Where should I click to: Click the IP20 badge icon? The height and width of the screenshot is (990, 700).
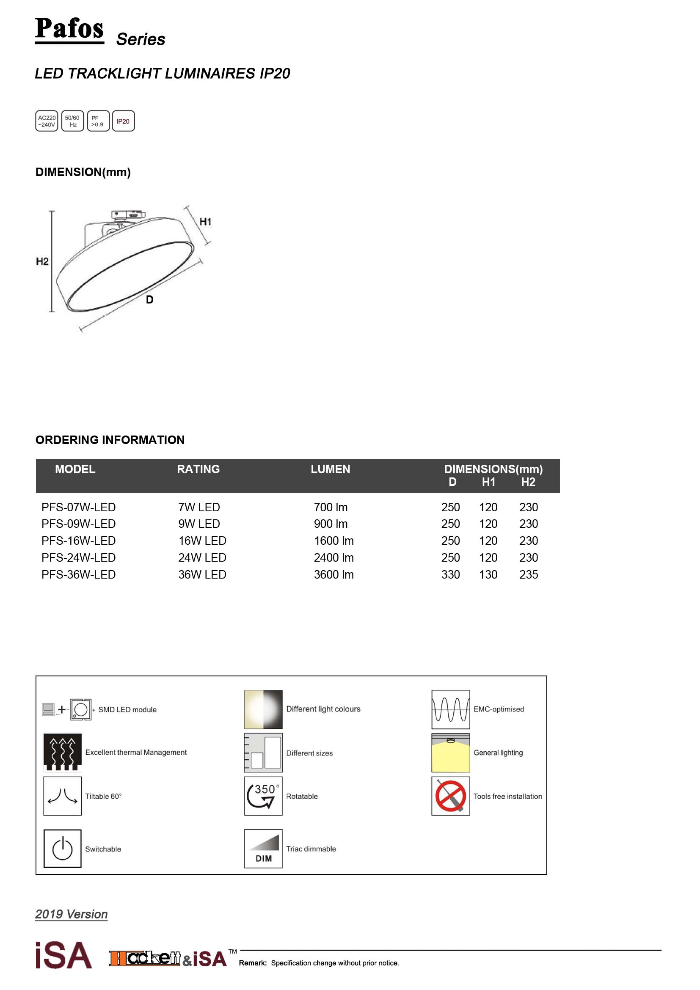tap(123, 121)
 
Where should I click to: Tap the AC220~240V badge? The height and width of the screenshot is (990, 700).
tap(47, 121)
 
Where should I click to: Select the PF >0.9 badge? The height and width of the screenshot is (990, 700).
tap(98, 121)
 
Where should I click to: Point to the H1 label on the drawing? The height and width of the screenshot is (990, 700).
tap(205, 222)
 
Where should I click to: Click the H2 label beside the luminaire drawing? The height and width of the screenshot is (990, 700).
tap(42, 261)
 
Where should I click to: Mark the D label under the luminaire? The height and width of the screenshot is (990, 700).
tap(149, 300)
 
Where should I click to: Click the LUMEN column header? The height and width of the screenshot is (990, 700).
tap(330, 469)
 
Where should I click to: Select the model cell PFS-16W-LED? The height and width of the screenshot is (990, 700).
tap(78, 541)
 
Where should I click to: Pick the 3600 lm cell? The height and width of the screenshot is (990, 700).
tap(333, 574)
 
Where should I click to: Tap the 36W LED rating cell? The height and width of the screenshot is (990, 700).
tap(202, 574)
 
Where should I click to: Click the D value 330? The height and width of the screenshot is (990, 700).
tap(450, 574)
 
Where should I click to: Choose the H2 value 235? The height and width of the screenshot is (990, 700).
tap(529, 574)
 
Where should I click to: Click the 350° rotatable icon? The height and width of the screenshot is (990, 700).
tap(263, 796)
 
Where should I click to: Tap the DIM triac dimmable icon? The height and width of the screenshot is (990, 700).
tap(263, 848)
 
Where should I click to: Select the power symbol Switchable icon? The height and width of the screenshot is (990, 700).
tap(63, 848)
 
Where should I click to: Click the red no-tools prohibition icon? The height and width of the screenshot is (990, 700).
tap(450, 796)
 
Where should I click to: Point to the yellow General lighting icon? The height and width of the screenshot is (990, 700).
tap(450, 753)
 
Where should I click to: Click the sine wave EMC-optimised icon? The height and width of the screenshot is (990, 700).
tap(450, 709)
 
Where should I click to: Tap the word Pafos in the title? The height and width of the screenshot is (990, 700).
tap(69, 28)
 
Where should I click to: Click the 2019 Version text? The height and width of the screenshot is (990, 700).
tap(72, 914)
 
